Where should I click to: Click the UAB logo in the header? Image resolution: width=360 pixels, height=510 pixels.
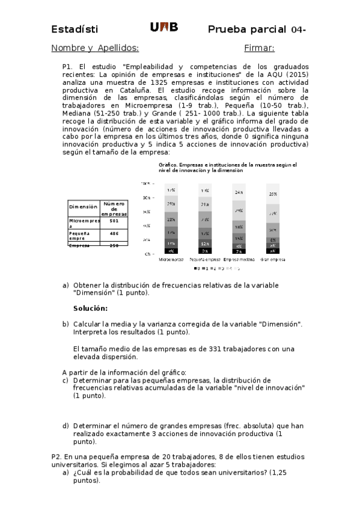click(163, 28)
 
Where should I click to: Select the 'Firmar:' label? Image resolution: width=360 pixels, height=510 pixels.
click(259, 48)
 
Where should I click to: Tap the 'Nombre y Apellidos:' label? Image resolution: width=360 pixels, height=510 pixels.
click(95, 48)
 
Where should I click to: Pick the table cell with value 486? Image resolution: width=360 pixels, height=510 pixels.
click(114, 233)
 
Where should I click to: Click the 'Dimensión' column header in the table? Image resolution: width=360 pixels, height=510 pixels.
click(83, 206)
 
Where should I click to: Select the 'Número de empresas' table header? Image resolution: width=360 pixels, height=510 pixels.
click(114, 208)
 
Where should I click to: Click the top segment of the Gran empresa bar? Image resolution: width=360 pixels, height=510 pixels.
click(273, 194)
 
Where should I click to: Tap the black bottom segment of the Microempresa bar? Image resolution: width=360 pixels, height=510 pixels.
click(171, 250)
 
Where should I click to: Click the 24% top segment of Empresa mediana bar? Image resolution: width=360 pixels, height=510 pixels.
click(239, 192)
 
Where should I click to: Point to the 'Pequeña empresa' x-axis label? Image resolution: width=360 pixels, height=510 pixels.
click(205, 260)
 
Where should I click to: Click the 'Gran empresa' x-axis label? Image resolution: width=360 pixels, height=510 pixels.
click(273, 260)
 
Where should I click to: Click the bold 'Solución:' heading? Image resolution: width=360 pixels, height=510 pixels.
click(90, 309)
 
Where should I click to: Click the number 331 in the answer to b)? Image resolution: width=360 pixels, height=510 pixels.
click(216, 348)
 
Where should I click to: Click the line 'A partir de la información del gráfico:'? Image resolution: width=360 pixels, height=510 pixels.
click(124, 372)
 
